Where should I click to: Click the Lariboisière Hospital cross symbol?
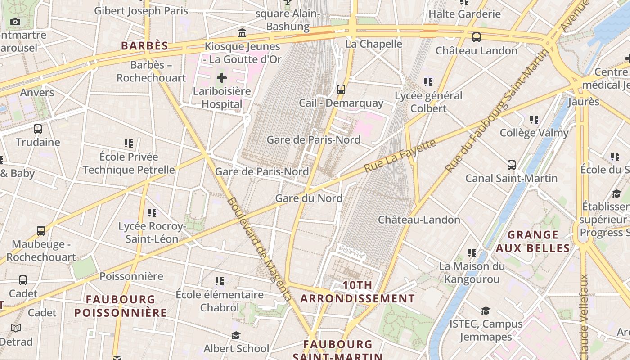pyautogui.click(x=222, y=78)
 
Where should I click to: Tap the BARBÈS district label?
pyautogui.click(x=145, y=45)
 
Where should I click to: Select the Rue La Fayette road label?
pyautogui.click(x=400, y=155)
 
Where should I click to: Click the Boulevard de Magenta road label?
pyautogui.click(x=260, y=249)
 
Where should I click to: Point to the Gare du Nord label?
pyautogui.click(x=309, y=198)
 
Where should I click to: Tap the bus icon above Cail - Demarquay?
pyautogui.click(x=341, y=89)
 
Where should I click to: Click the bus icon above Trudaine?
pyautogui.click(x=38, y=129)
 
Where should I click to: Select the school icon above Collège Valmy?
pyautogui.click(x=534, y=119)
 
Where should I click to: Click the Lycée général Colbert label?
pyautogui.click(x=428, y=102)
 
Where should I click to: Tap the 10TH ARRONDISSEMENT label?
pyautogui.click(x=358, y=292)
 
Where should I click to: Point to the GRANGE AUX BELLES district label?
pyautogui.click(x=533, y=241)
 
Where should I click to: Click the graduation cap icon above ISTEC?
pyautogui.click(x=486, y=310)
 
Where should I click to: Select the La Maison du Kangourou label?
pyautogui.click(x=472, y=273)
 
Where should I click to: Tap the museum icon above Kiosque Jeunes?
pyautogui.click(x=242, y=33)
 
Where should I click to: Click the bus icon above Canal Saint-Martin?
pyautogui.click(x=512, y=165)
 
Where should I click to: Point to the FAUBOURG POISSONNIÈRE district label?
pyautogui.click(x=121, y=306)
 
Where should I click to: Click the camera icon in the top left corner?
pyautogui.click(x=15, y=22)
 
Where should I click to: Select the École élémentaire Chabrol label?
pyautogui.click(x=220, y=301)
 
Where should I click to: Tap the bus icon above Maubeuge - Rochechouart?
pyautogui.click(x=41, y=231)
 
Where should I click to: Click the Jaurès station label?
pyautogui.click(x=584, y=101)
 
